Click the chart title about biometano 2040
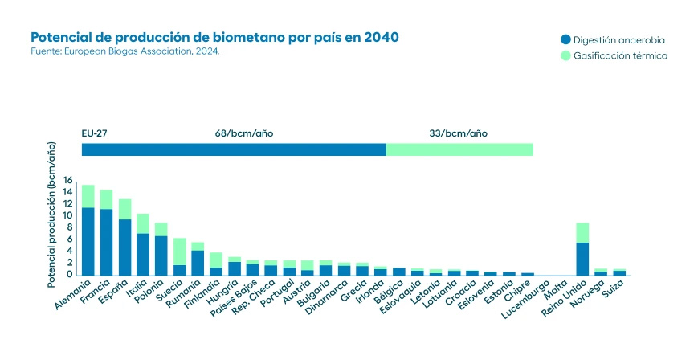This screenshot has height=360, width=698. click(x=214, y=38)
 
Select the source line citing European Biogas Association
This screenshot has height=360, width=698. click(x=124, y=51)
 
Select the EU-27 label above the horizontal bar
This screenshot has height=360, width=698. click(x=95, y=133)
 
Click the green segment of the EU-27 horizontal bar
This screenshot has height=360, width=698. click(x=459, y=149)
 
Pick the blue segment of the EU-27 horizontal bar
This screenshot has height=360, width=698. click(x=233, y=149)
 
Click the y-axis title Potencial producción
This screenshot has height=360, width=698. click(x=51, y=214)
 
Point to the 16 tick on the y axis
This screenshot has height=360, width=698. click(x=67, y=181)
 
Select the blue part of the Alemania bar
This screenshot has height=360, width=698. click(x=88, y=241)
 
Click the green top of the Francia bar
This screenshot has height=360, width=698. click(x=106, y=198)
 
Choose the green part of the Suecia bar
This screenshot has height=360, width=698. click(x=179, y=251)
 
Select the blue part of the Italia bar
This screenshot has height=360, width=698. click(x=143, y=254)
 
